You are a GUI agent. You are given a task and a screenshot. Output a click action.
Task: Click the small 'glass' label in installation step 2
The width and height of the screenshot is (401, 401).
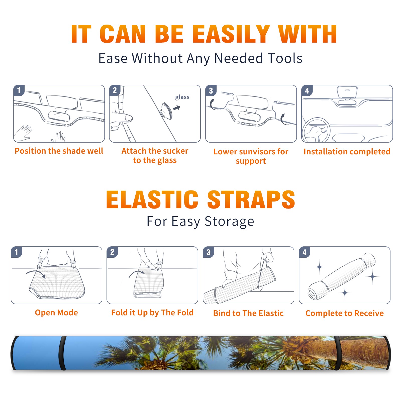pyautogui.click(x=182, y=97)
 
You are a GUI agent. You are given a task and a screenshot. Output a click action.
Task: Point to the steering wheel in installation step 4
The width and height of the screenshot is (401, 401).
pyautogui.click(x=316, y=130)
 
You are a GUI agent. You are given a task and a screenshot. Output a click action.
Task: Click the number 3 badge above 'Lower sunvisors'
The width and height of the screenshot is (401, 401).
pyautogui.click(x=211, y=90)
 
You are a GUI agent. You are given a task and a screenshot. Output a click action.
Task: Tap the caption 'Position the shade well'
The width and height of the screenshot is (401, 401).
pyautogui.click(x=59, y=151)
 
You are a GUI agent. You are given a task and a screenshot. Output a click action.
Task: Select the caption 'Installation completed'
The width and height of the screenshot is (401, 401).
pyautogui.click(x=347, y=151)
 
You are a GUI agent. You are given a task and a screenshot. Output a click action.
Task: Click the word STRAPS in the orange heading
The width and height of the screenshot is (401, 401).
pyautogui.click(x=251, y=199)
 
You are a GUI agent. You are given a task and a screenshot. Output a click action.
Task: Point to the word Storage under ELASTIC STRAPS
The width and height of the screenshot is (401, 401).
pyautogui.click(x=229, y=222)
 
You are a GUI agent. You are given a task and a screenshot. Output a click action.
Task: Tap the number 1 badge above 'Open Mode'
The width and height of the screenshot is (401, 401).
pyautogui.click(x=17, y=252)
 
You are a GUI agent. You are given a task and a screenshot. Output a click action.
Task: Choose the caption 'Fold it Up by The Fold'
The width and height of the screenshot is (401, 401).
pyautogui.click(x=152, y=313)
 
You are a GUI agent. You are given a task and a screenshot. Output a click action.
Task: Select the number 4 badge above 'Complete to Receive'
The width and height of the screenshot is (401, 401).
pyautogui.click(x=305, y=252)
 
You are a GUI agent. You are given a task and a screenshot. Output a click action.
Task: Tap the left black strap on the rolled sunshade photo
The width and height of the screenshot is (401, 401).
pyautogui.click(x=62, y=353)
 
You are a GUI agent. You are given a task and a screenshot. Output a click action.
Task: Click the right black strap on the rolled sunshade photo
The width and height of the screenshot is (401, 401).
pyautogui.click(x=337, y=353)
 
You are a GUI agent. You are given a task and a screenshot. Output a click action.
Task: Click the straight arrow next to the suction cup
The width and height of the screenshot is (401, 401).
pyautogui.click(x=177, y=108)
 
